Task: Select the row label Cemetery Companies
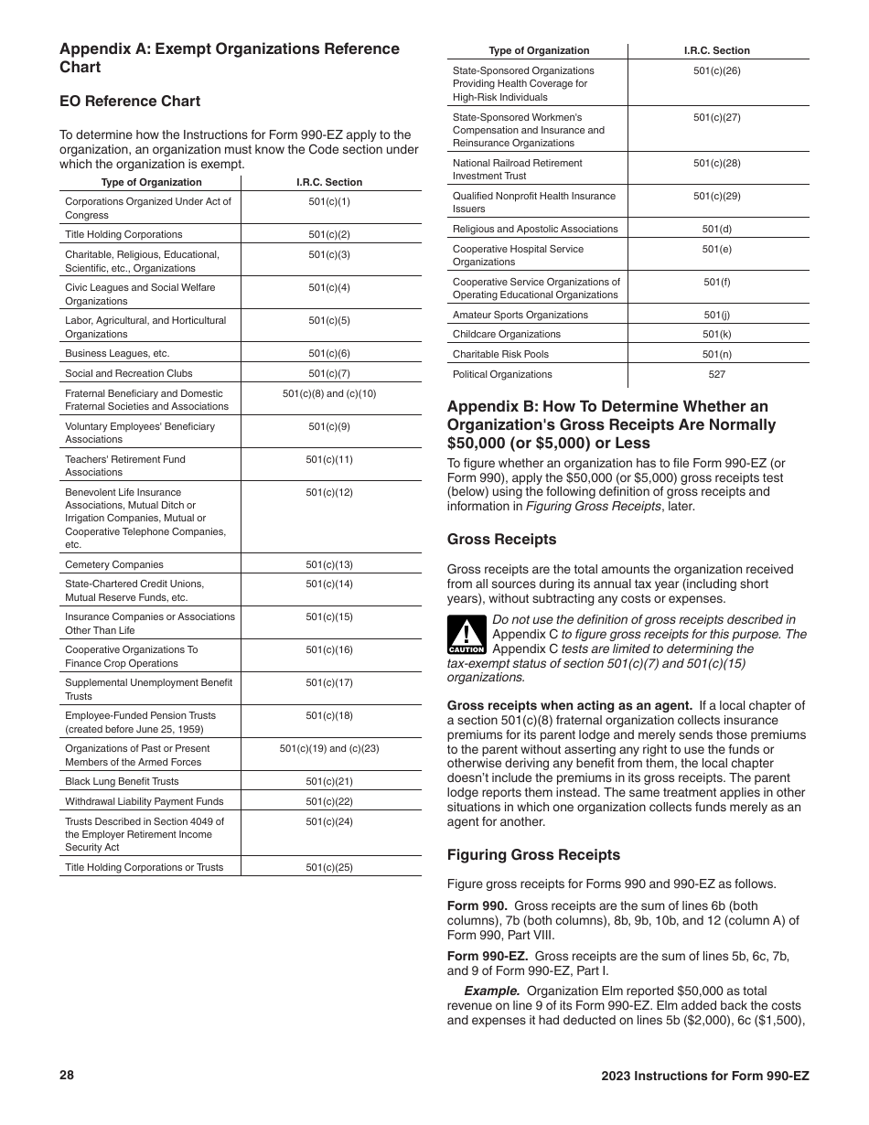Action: [x=114, y=564]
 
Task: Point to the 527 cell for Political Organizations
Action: [x=717, y=374]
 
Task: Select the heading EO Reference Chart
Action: [x=130, y=102]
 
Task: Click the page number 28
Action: [x=67, y=1075]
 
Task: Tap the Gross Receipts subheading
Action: [x=501, y=540]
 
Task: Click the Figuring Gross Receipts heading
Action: [x=533, y=855]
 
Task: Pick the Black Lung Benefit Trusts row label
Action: [x=122, y=781]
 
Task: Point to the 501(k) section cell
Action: [x=717, y=334]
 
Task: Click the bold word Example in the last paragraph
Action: [x=492, y=991]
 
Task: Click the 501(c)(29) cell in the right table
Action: [x=717, y=196]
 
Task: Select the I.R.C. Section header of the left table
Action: [x=329, y=182]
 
